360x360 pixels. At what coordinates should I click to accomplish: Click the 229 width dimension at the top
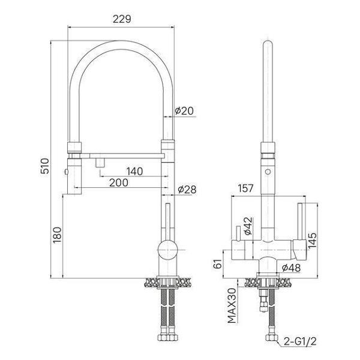coord(122,19)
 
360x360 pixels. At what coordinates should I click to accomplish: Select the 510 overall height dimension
coord(44,166)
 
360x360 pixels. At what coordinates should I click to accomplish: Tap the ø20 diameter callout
coord(184,110)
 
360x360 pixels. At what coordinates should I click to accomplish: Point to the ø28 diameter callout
coord(187,190)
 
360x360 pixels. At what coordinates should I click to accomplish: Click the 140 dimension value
coord(134,171)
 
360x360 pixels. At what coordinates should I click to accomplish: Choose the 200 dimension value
coord(119,183)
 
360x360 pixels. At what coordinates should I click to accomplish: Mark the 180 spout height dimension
coord(57,235)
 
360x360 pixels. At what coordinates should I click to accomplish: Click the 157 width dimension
coord(245,188)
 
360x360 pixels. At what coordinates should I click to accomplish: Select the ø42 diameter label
coord(248,226)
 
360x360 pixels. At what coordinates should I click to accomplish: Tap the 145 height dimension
coord(312,241)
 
